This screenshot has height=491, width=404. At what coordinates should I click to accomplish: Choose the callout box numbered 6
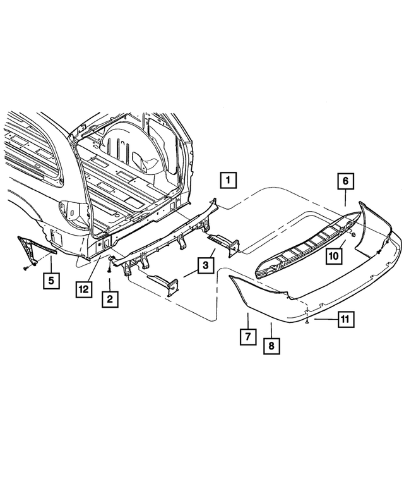click(346, 181)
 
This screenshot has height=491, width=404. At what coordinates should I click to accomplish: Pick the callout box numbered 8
click(271, 346)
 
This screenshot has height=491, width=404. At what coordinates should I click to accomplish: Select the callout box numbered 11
click(344, 320)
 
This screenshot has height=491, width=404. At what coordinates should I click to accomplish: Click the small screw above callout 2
click(110, 270)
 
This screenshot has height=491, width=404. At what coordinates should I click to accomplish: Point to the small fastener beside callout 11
click(306, 322)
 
